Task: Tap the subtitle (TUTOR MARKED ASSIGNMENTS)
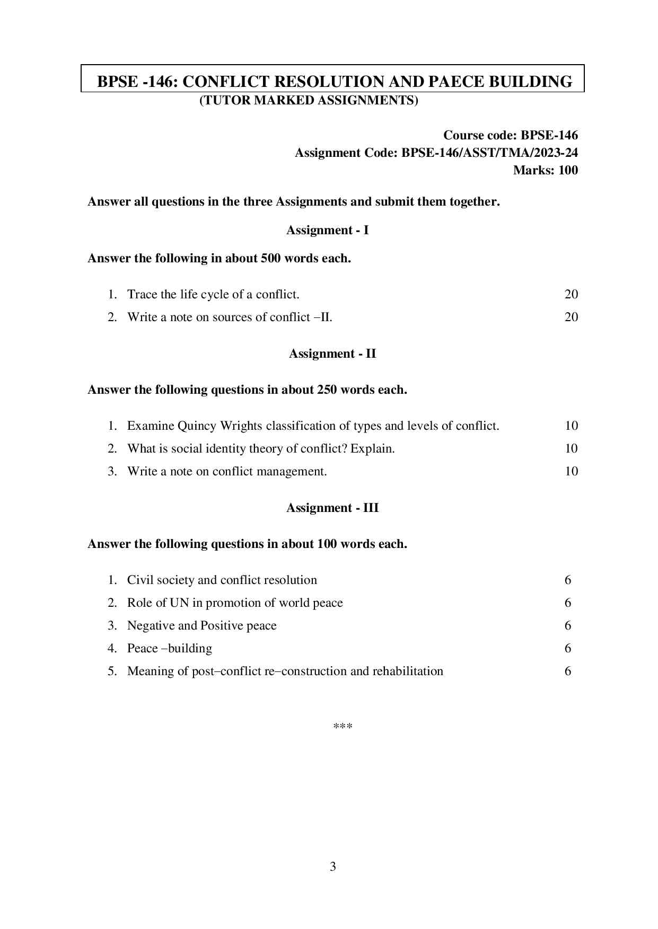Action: click(309, 100)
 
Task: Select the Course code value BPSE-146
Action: click(549, 135)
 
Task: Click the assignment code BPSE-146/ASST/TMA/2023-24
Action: click(489, 153)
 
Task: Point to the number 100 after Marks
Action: click(568, 170)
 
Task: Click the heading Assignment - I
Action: click(327, 230)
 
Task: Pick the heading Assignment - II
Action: click(332, 353)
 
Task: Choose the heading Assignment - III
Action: click(332, 508)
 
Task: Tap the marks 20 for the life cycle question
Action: click(571, 294)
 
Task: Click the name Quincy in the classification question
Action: click(197, 426)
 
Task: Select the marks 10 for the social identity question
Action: click(571, 448)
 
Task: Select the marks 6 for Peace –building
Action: click(568, 648)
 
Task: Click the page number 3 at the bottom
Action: click(332, 866)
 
